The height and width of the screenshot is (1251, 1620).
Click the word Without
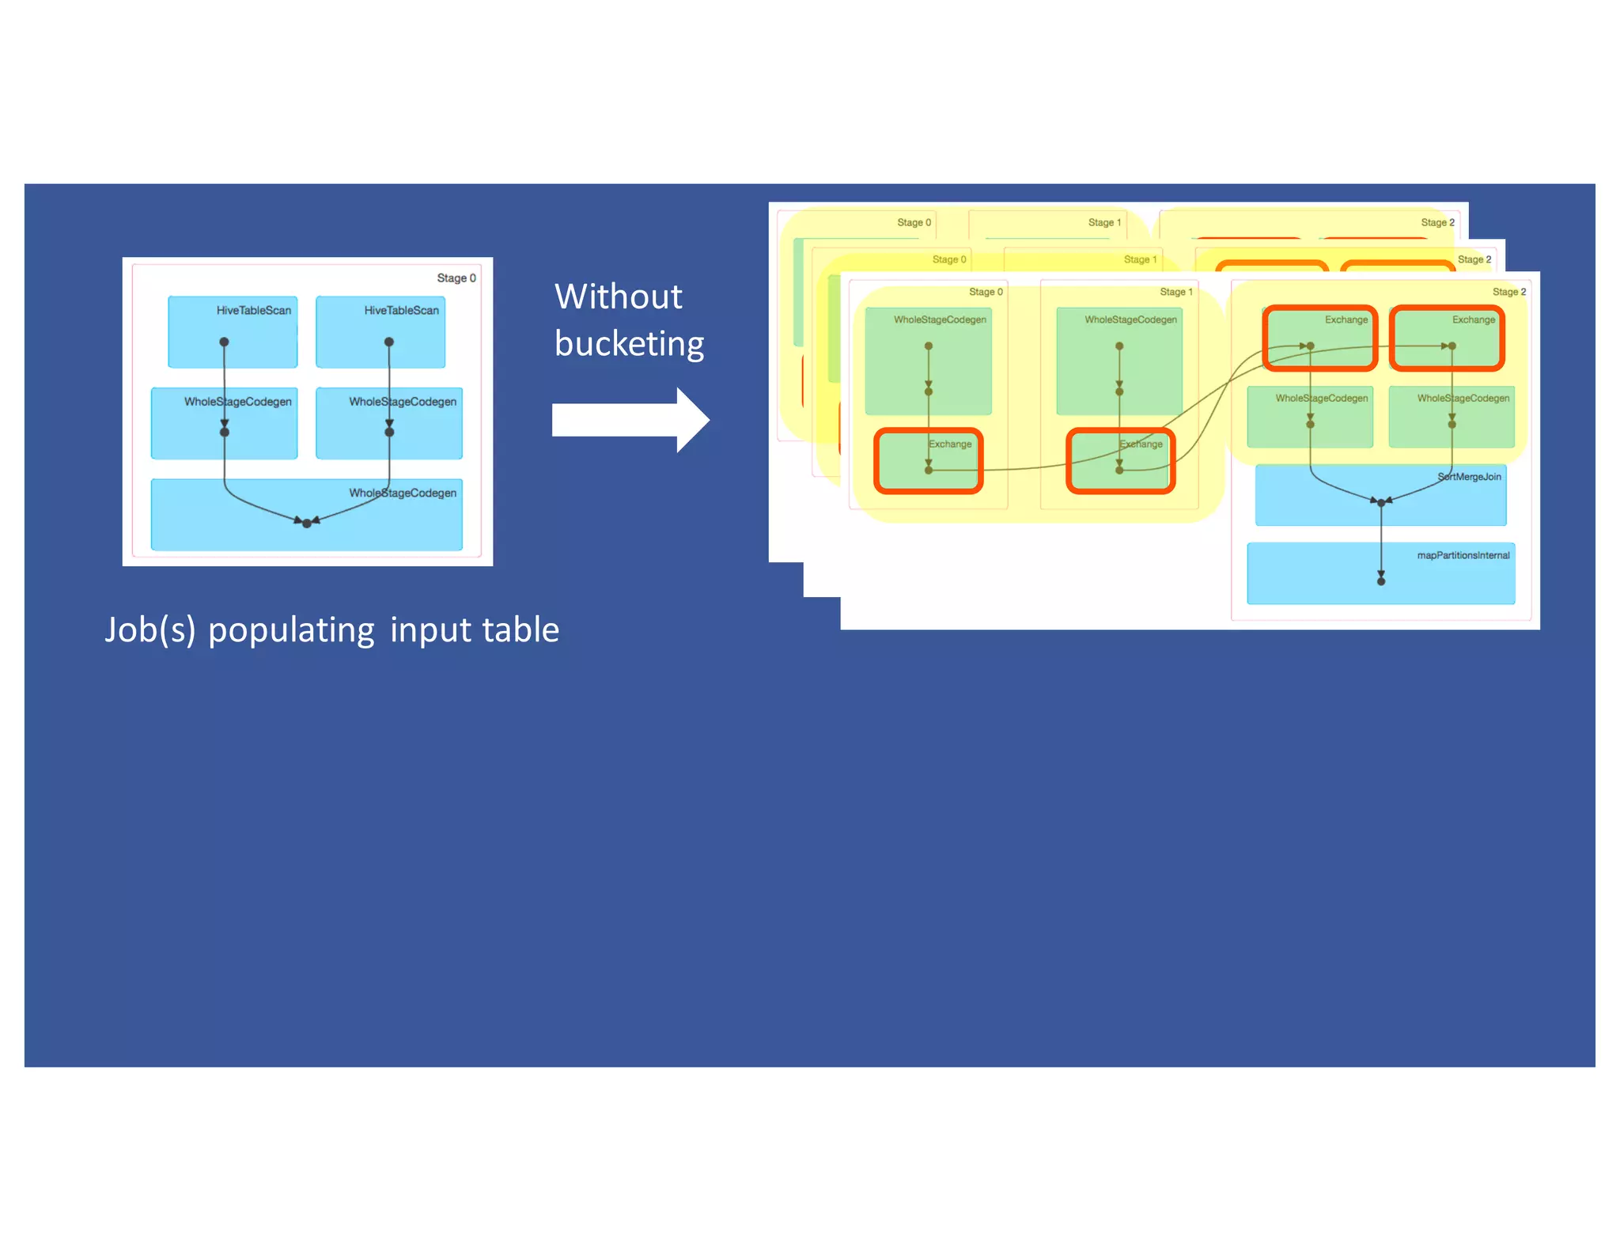618,297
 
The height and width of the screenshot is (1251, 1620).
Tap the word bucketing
629,344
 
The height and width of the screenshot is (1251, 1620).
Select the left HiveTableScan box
233,332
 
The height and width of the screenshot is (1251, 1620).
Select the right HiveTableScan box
380,332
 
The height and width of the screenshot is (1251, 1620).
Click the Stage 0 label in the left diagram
456,278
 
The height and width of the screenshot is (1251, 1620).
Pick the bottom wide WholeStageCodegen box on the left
307,515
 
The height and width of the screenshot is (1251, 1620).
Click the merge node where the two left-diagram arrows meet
307,523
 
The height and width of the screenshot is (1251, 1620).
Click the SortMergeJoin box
1380,495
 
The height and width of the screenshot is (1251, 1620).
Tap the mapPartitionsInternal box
1380,573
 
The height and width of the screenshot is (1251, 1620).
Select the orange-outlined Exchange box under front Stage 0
929,462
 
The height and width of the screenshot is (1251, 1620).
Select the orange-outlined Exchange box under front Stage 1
1120,462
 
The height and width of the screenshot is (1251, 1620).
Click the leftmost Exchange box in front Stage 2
1319,338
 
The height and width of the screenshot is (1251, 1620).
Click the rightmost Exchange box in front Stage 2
1447,338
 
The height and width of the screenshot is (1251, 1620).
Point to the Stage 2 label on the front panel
1508,292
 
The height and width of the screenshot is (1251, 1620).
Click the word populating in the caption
291,631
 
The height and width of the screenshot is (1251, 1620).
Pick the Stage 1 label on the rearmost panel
1104,223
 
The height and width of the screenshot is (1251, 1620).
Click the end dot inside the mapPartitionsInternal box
1381,581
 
